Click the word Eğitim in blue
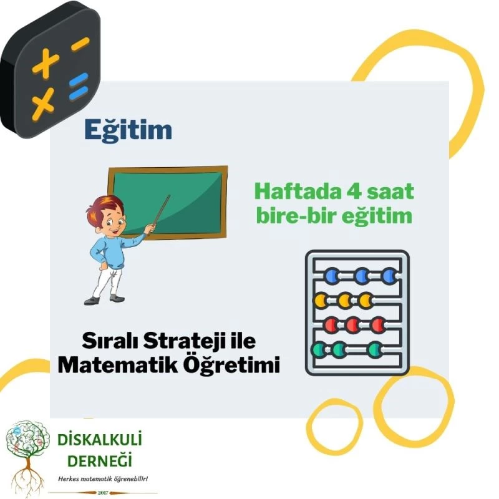click(x=128, y=130)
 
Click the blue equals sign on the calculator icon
click(x=78, y=87)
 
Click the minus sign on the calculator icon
click(x=80, y=44)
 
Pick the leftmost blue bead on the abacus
click(x=332, y=274)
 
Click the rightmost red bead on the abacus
click(x=378, y=324)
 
